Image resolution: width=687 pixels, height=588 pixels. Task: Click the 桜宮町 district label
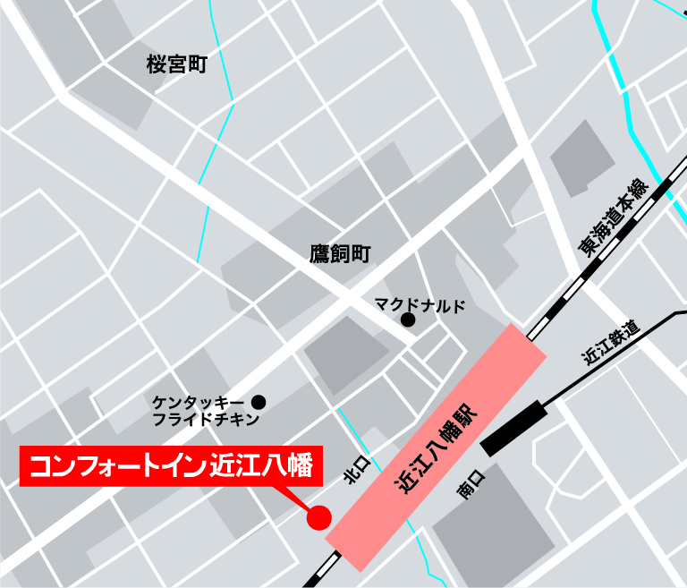pos(176,64)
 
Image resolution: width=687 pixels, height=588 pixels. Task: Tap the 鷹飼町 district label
pos(339,254)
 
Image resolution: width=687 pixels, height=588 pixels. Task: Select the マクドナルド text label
pos(420,305)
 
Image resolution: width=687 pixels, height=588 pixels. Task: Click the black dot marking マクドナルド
pos(408,320)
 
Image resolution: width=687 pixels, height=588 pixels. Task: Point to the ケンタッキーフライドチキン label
pos(205,410)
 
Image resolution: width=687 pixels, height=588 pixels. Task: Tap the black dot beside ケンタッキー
pos(259,402)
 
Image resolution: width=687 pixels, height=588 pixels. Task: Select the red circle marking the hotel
pos(318,517)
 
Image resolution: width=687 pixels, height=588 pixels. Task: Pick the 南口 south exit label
pos(469,483)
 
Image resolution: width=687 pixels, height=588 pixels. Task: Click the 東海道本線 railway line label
pos(612,219)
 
